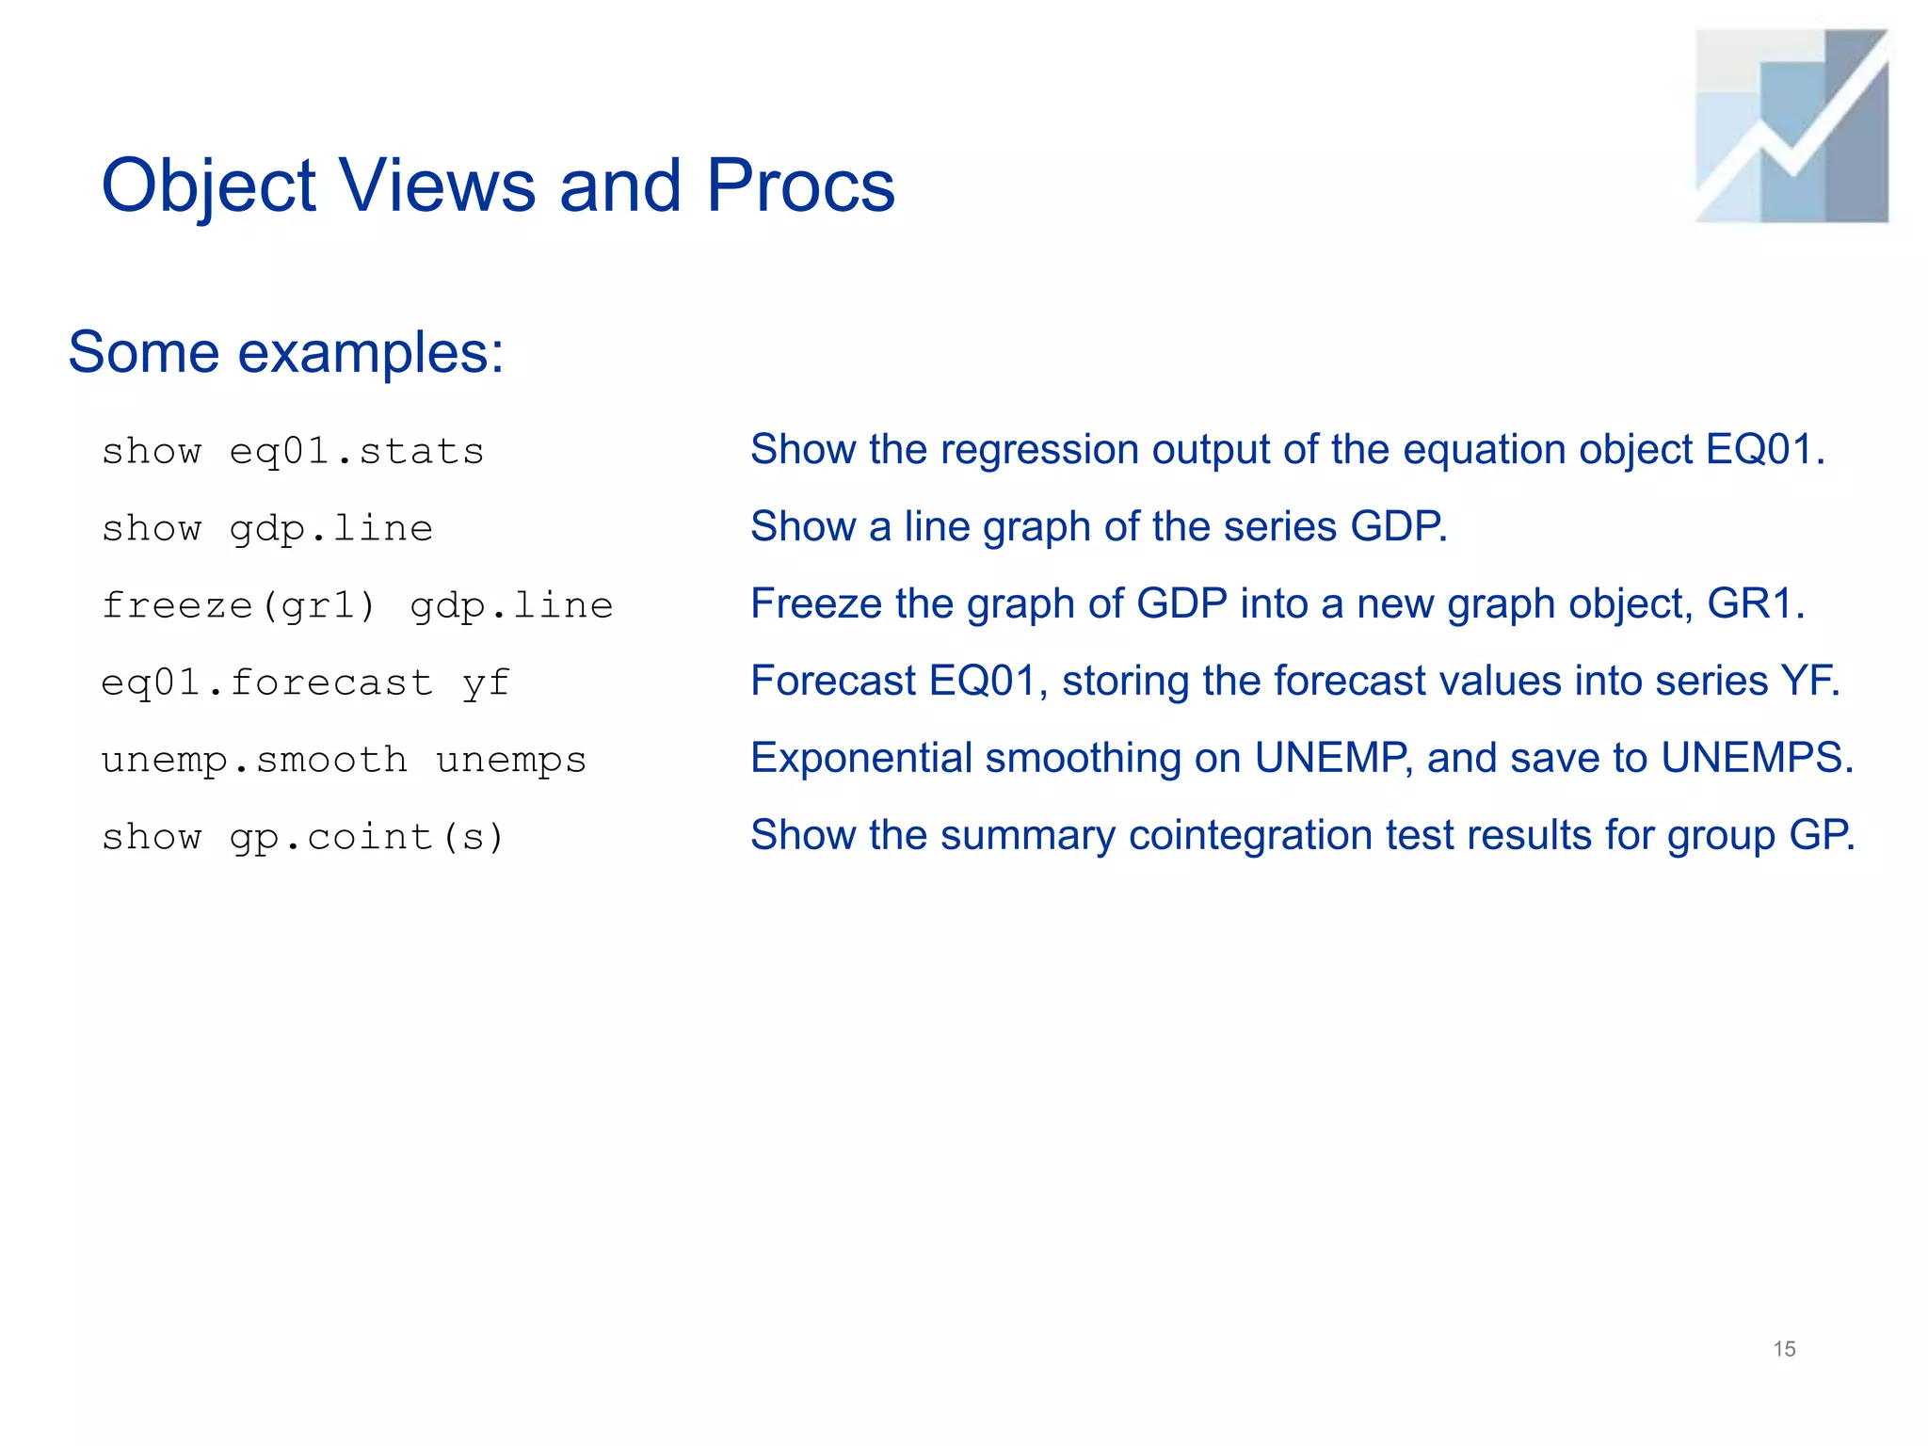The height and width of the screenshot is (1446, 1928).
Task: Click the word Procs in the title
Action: [x=800, y=185]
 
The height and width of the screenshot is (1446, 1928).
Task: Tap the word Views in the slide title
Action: [x=438, y=185]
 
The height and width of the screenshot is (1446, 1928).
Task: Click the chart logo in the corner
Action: [x=1791, y=126]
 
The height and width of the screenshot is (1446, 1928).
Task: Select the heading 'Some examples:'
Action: [x=286, y=353]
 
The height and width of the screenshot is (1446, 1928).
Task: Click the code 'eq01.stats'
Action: [x=357, y=452]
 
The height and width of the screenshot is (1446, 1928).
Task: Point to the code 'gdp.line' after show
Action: [x=331, y=529]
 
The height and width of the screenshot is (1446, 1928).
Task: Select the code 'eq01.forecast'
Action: [x=267, y=683]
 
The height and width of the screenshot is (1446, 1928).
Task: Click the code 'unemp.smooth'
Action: [x=254, y=760]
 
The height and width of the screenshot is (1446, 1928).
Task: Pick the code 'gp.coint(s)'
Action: [x=367, y=837]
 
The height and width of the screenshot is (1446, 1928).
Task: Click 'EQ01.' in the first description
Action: [x=1765, y=450]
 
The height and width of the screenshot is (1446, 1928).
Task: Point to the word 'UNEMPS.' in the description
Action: [x=1757, y=759]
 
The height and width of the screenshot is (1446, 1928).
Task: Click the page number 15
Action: [x=1784, y=1349]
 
